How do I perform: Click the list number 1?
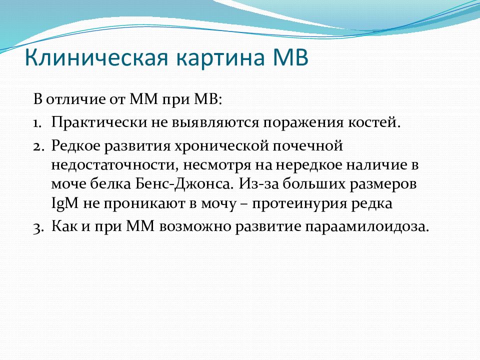point(37,123)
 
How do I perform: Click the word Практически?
point(99,122)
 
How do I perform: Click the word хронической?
point(221,146)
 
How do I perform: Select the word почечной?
point(307,146)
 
